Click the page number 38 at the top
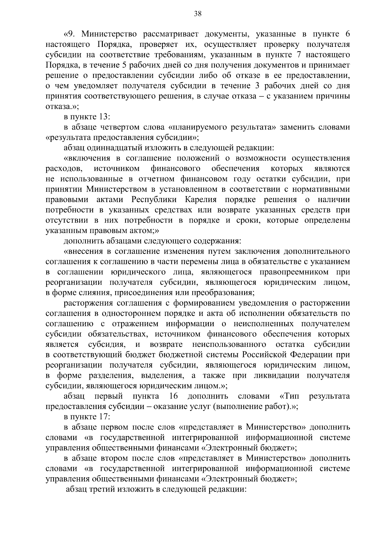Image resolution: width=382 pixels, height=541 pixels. tap(197, 13)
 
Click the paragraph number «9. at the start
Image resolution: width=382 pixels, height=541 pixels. tap(70, 34)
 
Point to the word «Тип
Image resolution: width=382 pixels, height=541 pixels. tap(289, 396)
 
